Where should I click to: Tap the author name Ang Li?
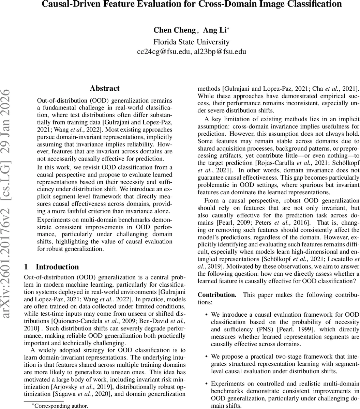[215, 30]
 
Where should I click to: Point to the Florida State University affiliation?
[191, 42]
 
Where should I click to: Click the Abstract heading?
[105, 88]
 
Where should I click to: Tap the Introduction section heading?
[57, 267]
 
